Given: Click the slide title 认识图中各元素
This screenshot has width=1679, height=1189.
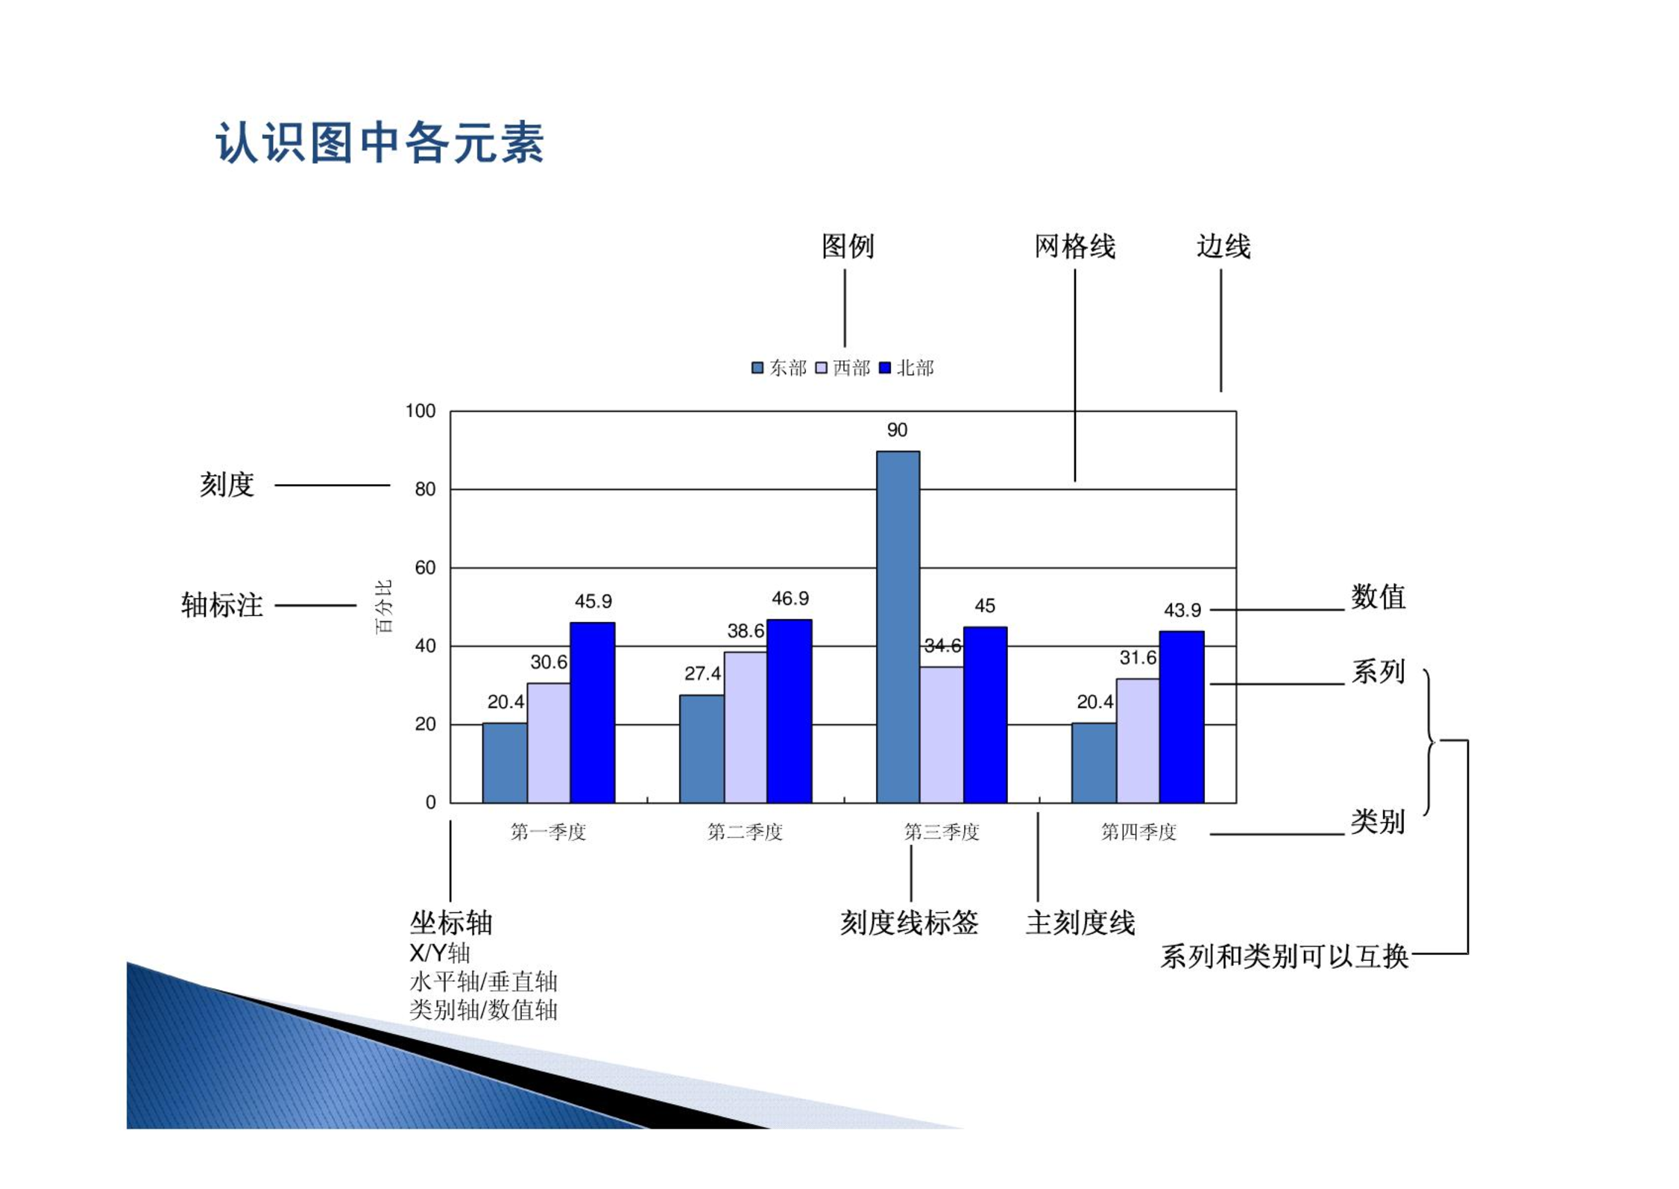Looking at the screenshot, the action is tap(379, 142).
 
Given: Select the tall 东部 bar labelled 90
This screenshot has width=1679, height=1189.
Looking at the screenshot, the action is tap(898, 627).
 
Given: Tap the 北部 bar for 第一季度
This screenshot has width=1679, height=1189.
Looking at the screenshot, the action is tap(593, 712).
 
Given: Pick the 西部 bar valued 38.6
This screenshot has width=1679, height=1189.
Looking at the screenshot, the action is tap(746, 727).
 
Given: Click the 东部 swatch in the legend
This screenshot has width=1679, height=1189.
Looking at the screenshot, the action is tap(757, 368).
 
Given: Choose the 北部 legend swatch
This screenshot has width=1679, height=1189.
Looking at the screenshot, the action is tap(886, 368).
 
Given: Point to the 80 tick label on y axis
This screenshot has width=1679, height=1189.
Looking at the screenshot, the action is tap(425, 489).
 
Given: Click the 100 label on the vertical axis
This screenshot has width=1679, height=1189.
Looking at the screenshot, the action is tap(420, 411).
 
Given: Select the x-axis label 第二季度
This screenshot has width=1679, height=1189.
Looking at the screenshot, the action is tap(745, 832).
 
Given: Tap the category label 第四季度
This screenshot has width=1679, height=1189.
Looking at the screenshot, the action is tap(1138, 832).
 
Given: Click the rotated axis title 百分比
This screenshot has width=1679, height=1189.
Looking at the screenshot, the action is tap(383, 606).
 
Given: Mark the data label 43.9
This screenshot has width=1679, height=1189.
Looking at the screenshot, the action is tap(1182, 610).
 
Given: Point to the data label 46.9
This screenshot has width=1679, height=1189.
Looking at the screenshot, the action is tap(790, 598).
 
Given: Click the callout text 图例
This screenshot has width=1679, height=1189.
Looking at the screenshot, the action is tap(848, 246).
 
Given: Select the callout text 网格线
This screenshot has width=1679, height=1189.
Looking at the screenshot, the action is tap(1075, 246).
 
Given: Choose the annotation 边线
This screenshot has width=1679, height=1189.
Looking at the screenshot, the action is tap(1223, 246).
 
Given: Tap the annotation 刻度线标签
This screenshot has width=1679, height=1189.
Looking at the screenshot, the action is tap(910, 923).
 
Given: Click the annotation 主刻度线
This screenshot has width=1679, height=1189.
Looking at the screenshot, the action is tap(1080, 923).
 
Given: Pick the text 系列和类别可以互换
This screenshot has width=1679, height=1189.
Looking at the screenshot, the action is tap(1284, 956).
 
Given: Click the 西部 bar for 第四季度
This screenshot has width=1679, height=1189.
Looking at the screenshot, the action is tap(1138, 741).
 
